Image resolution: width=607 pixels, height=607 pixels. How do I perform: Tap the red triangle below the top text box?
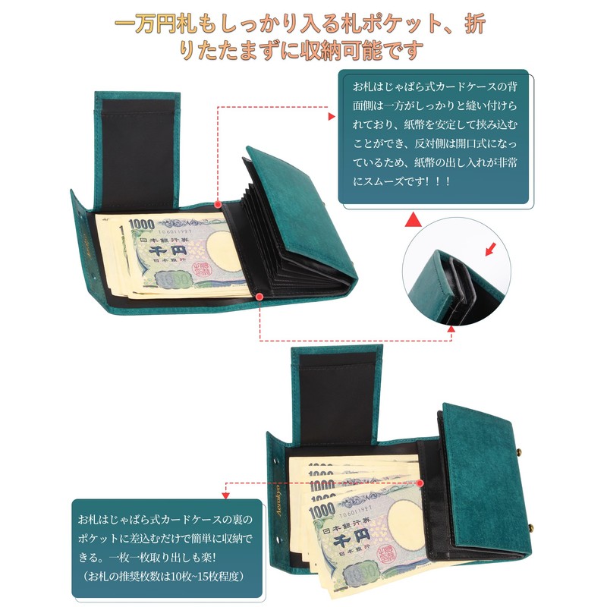414,220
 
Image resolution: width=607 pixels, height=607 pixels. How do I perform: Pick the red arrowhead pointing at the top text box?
331,117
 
